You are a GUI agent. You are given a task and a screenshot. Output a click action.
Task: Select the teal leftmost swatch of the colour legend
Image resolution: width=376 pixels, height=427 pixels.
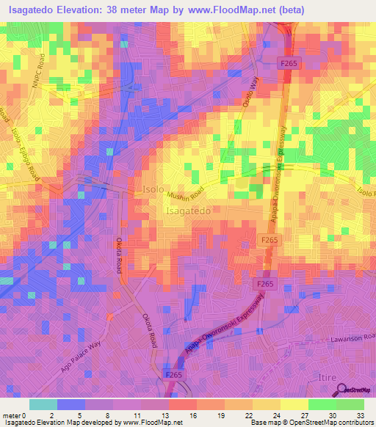[43, 404]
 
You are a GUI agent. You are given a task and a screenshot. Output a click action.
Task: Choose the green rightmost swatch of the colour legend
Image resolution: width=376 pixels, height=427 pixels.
[350, 404]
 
